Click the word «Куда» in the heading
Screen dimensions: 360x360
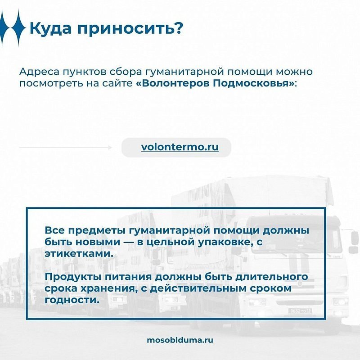point(50,29)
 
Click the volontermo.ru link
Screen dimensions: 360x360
point(180,147)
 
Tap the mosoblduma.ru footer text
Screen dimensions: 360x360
point(180,340)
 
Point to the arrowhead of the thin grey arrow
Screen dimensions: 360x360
point(110,148)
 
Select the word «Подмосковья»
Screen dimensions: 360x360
point(251,83)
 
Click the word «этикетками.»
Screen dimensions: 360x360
point(79,254)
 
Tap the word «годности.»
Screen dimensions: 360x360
point(72,300)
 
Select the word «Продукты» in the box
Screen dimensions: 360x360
point(73,277)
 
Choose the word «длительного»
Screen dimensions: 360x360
point(272,277)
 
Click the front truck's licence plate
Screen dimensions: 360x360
point(300,311)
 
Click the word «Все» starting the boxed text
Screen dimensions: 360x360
point(54,230)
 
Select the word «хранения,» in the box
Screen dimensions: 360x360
point(108,288)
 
